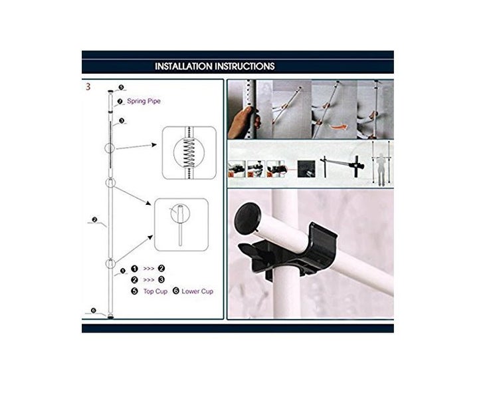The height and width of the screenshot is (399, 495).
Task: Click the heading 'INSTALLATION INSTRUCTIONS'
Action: pos(215,66)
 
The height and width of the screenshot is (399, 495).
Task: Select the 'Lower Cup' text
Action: pos(197,291)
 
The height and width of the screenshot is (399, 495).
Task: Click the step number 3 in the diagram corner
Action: pos(88,86)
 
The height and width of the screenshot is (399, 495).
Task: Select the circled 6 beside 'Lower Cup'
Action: pos(176,291)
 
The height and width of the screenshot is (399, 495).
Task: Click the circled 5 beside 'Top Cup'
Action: pos(134,291)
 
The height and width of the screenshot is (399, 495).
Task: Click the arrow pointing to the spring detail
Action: pos(136,144)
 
